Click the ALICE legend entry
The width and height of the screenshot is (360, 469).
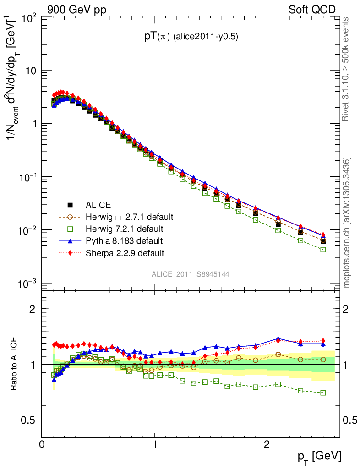(x=98, y=205)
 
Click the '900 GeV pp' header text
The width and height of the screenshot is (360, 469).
(x=76, y=10)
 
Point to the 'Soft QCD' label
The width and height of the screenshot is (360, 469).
(x=312, y=10)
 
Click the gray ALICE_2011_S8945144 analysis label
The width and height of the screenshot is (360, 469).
(x=191, y=274)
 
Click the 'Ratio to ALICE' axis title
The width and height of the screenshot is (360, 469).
(x=14, y=364)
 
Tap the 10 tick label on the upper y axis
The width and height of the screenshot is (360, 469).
(x=30, y=71)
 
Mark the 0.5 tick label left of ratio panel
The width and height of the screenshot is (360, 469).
(x=28, y=420)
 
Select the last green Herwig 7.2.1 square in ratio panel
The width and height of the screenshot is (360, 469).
(x=323, y=393)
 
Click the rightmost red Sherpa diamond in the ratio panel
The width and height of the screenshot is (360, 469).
(x=323, y=341)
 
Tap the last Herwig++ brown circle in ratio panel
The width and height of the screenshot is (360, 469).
(x=323, y=360)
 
